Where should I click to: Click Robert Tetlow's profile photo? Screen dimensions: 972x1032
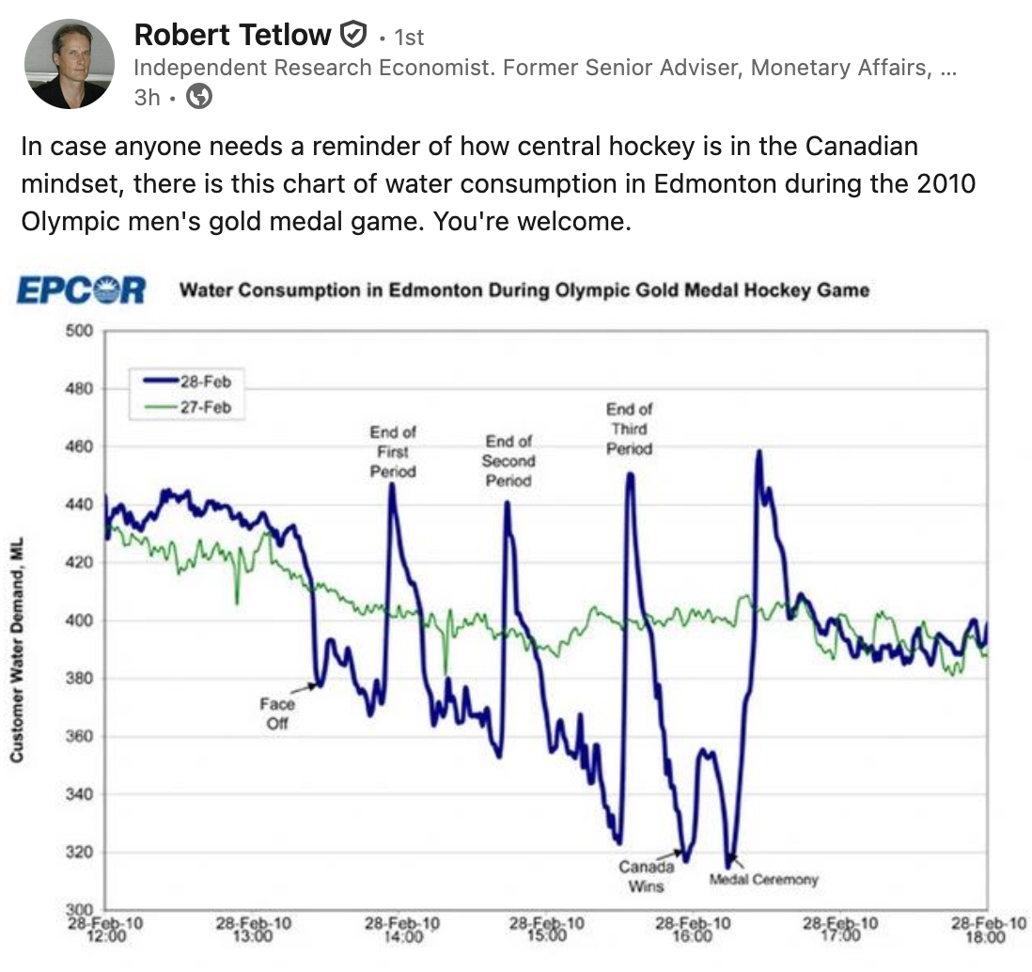coord(69,62)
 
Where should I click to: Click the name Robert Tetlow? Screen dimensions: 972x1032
coord(232,36)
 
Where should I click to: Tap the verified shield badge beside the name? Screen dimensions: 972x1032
coord(352,36)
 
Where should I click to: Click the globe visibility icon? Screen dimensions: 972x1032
coord(198,96)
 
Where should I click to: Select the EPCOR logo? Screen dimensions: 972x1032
coord(81,290)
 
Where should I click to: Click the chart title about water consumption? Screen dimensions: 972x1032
coord(524,290)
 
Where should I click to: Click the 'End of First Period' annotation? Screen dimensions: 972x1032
coord(393,451)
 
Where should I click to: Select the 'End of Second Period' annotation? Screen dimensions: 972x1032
coord(508,461)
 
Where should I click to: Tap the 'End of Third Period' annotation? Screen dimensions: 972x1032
coord(629,429)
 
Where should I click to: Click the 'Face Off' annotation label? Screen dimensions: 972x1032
coord(277,713)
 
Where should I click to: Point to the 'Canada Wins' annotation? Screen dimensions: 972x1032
coord(647,876)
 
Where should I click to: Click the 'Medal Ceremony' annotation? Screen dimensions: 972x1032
coord(763,880)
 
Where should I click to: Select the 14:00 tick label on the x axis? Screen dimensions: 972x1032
coord(399,930)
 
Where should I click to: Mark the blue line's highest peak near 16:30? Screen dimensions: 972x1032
coord(758,452)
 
